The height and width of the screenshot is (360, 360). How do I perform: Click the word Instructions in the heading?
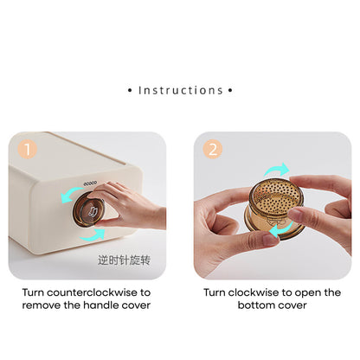click(x=181, y=90)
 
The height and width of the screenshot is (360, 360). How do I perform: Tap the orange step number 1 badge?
click(x=28, y=150)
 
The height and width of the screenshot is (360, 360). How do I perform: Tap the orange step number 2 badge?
click(x=213, y=150)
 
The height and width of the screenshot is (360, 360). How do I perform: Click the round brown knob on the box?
click(x=88, y=209)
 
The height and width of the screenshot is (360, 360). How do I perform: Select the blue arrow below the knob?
click(x=93, y=235)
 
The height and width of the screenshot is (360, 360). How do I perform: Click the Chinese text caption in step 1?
click(x=124, y=260)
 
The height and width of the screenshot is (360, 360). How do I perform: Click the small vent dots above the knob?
click(x=90, y=183)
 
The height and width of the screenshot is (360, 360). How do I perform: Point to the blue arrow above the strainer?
click(x=276, y=170)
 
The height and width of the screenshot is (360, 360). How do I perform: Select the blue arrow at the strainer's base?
click(x=280, y=228)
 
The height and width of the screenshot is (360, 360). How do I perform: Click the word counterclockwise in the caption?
click(x=92, y=292)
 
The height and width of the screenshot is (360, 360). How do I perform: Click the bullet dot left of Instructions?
click(x=130, y=91)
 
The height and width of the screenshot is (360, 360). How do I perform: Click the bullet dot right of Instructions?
click(x=230, y=91)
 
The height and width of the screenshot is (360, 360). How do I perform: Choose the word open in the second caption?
click(x=308, y=293)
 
